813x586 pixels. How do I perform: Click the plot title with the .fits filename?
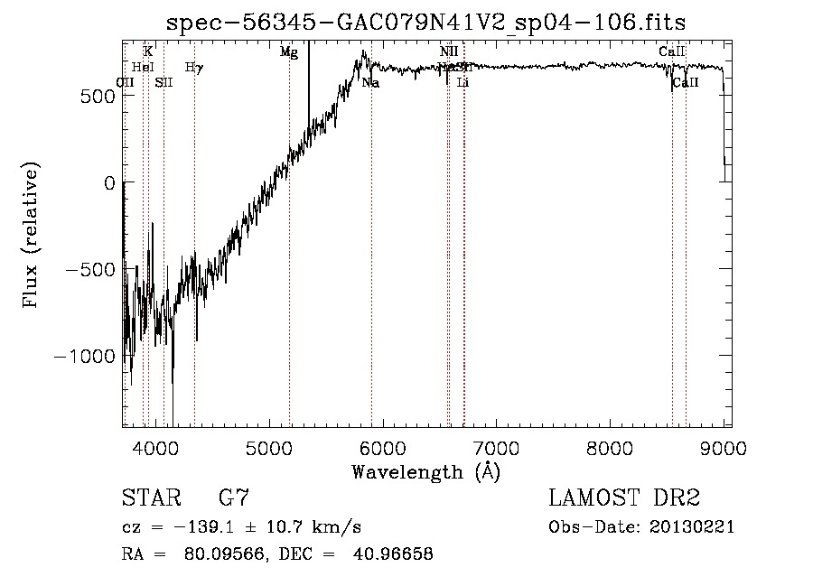(x=433, y=22)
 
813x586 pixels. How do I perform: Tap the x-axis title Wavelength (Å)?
(x=425, y=471)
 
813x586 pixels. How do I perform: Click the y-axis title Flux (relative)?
(x=31, y=237)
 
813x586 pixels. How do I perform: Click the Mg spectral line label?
(x=289, y=52)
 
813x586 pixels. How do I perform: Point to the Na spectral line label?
(x=370, y=83)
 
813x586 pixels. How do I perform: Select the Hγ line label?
(x=194, y=67)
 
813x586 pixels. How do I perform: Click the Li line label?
(x=463, y=83)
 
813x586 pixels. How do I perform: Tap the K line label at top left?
(x=147, y=51)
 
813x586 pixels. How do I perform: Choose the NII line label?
(x=449, y=51)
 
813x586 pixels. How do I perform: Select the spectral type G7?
(x=234, y=498)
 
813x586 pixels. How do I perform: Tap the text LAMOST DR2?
(x=624, y=498)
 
